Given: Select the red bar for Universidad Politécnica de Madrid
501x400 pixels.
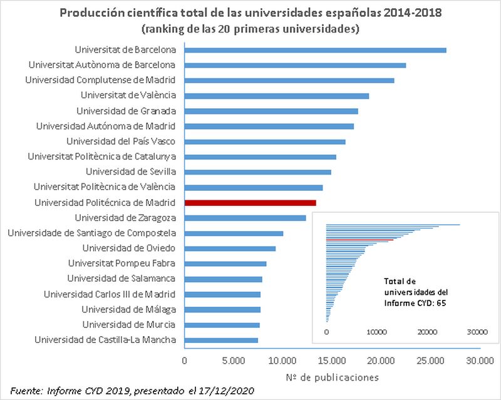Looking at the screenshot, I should click(x=250, y=203).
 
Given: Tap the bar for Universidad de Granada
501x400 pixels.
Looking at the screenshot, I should click(x=271, y=111).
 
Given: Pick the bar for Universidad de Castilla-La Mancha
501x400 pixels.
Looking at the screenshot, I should click(x=221, y=340).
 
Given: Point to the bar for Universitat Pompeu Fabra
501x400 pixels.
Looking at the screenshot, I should click(x=225, y=264).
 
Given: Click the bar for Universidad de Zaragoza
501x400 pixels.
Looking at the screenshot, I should click(x=245, y=218).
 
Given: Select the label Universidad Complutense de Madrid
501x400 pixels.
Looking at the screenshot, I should click(x=100, y=80).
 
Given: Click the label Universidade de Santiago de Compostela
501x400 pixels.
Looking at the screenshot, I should click(x=91, y=233).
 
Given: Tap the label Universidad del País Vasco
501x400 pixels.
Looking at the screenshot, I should click(x=121, y=141).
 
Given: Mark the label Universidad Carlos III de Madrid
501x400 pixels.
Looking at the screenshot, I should click(x=109, y=294).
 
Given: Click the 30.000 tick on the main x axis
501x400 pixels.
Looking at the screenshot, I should click(x=479, y=361).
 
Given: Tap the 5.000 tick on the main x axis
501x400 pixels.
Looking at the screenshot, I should click(x=233, y=361).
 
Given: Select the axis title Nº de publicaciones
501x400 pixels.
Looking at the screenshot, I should click(x=331, y=377).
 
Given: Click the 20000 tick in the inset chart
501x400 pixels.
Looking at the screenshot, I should click(x=427, y=332).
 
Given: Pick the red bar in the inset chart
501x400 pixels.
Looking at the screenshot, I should click(x=359, y=240).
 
